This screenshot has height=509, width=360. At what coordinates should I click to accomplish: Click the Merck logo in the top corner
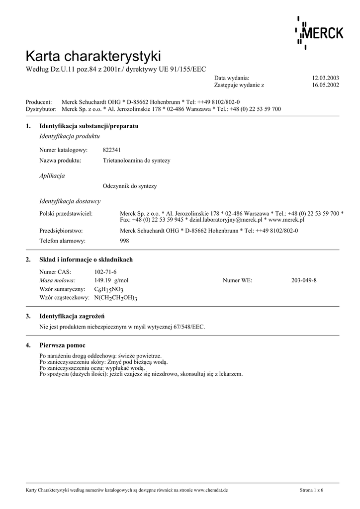(x=320, y=33)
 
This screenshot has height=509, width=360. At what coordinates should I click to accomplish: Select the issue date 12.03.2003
(x=325, y=78)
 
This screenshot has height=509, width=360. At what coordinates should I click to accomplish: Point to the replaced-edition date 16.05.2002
(x=325, y=85)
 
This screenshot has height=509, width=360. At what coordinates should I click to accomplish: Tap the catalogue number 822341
(x=111, y=150)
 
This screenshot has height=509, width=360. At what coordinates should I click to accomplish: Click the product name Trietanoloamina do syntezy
(x=136, y=161)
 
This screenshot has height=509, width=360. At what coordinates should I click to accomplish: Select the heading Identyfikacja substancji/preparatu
(x=89, y=126)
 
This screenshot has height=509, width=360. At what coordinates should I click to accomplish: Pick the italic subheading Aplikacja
(x=52, y=176)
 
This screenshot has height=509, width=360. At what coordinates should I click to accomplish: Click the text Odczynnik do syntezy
(x=129, y=186)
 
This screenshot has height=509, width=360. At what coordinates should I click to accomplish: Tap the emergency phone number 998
(x=125, y=241)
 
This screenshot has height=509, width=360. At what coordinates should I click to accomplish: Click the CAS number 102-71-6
(x=105, y=272)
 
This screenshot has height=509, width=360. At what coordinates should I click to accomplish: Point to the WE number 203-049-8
(x=304, y=280)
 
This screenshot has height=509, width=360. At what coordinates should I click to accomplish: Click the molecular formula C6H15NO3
(x=109, y=289)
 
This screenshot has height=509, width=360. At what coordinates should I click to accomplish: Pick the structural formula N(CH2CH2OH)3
(x=115, y=298)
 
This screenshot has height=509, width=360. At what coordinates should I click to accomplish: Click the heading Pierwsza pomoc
(x=62, y=345)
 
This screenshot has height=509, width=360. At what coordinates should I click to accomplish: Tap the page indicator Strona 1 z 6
(x=311, y=490)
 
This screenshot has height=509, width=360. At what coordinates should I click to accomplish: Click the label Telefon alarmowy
(x=62, y=241)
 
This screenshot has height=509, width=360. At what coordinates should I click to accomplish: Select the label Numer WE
(x=237, y=280)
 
